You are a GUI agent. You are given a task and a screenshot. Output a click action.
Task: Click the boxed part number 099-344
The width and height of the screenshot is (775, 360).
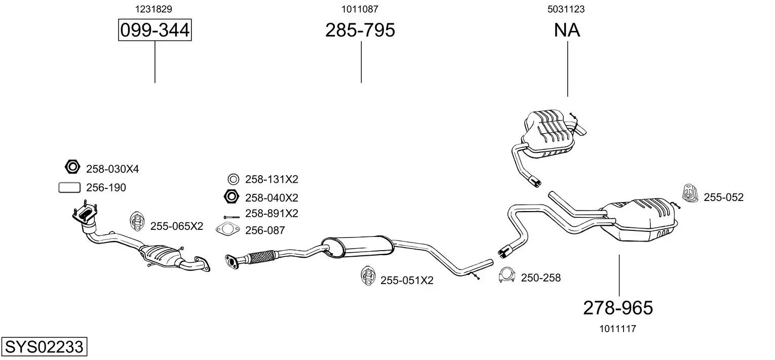tap(154, 30)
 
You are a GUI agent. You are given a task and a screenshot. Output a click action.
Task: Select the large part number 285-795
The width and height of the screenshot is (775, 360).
tap(360, 30)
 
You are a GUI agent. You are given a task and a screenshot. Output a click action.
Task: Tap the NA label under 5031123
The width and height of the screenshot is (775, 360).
tap(567, 30)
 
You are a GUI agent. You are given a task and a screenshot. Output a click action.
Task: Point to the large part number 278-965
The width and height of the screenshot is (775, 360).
tap(618, 307)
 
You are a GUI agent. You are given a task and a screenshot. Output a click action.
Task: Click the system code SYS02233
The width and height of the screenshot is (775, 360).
tap(44, 346)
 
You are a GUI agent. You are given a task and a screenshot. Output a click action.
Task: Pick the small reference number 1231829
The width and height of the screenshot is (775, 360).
tap(153, 9)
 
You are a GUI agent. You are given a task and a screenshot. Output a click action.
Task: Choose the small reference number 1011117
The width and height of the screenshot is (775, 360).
tap(617, 329)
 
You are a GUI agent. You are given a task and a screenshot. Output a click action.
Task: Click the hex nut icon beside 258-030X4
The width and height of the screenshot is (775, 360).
tap(72, 167)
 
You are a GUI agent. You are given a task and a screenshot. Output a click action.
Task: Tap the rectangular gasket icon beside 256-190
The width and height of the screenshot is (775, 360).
tap(69, 187)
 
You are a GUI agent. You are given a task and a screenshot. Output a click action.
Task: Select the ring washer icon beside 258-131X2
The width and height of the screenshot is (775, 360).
tap(234, 179)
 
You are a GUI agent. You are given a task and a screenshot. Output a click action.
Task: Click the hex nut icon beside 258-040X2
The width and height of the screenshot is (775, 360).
tap(231, 197)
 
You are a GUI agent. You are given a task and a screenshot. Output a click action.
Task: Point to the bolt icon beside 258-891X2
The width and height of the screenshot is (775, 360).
tap(232, 217)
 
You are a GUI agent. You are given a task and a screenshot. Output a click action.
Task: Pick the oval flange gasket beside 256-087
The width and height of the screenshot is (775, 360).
tap(227, 229)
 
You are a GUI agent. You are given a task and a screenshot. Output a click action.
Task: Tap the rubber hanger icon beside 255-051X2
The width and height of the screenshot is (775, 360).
tap(368, 276)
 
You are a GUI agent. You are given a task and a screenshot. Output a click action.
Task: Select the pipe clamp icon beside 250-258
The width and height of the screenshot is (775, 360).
tap(507, 275)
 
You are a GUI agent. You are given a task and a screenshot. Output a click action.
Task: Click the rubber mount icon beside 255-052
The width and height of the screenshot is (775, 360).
tap(690, 193)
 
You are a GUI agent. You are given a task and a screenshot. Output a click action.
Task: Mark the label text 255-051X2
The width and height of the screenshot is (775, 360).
tap(407, 280)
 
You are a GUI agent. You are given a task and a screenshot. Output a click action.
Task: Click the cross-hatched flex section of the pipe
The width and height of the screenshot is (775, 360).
tap(262, 257)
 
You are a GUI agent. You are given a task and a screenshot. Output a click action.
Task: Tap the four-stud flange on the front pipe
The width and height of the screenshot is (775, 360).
tap(85, 212)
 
